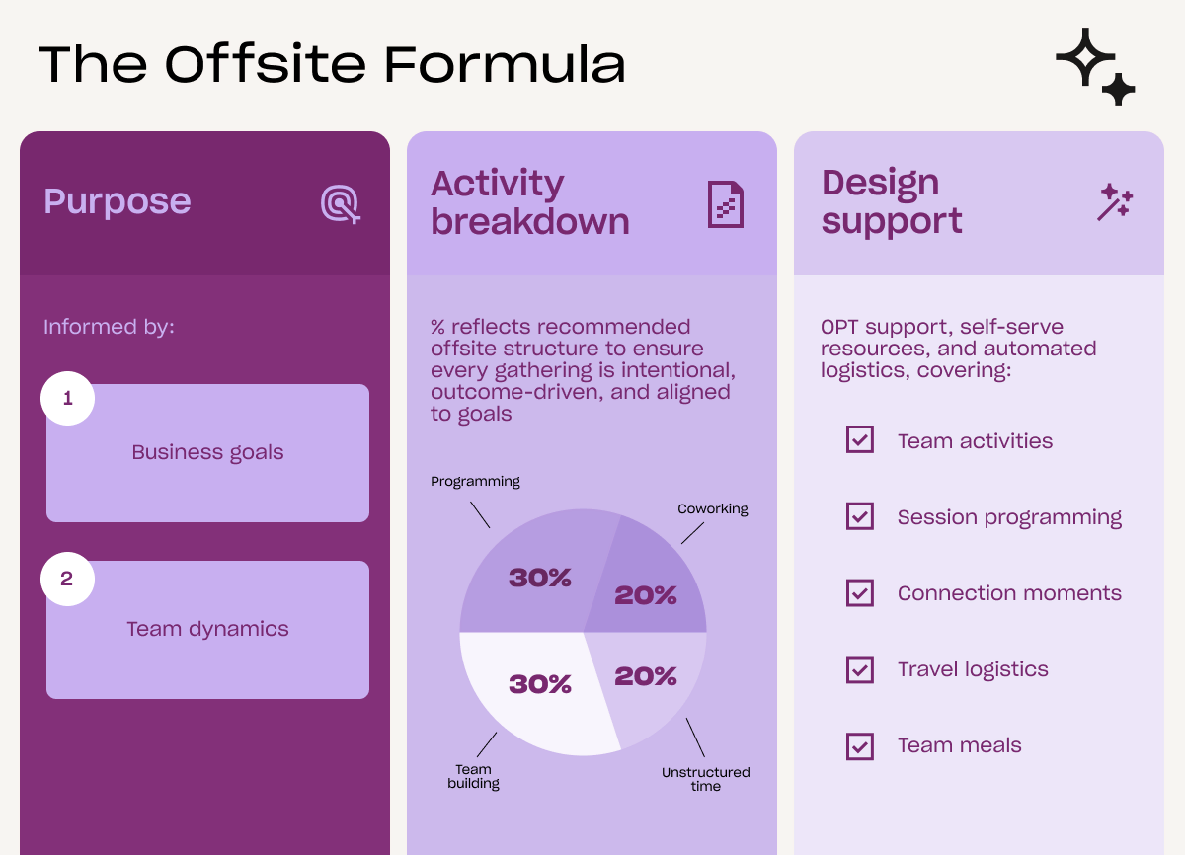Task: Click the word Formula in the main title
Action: [x=505, y=64]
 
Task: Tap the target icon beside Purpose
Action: [x=341, y=204]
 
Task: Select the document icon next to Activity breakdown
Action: [x=725, y=204]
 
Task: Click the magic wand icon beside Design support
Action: [x=1115, y=202]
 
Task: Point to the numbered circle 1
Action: [x=68, y=398]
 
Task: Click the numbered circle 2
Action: [x=68, y=579]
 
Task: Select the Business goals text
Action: [x=208, y=452]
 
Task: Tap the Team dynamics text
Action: [x=208, y=629]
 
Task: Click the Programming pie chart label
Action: [x=475, y=482]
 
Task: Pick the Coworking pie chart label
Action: [x=713, y=509]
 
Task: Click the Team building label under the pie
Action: [x=473, y=776]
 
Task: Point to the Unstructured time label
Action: [x=706, y=779]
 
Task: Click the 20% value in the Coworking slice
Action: [x=646, y=595]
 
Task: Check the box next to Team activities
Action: [x=860, y=439]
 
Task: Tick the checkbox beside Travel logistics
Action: [x=860, y=670]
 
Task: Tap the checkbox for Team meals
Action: [x=860, y=746]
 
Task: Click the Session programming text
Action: [x=1009, y=517]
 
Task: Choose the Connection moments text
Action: [x=1009, y=593]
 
